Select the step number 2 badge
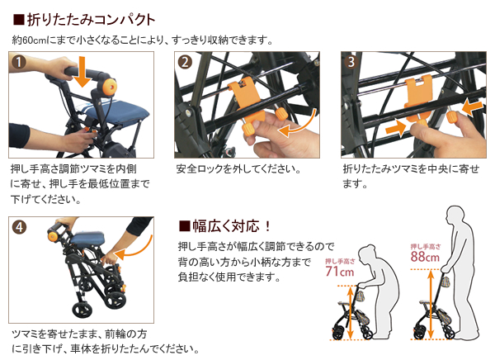[186, 63]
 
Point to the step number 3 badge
[351, 63]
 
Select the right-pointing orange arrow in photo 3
[396, 128]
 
